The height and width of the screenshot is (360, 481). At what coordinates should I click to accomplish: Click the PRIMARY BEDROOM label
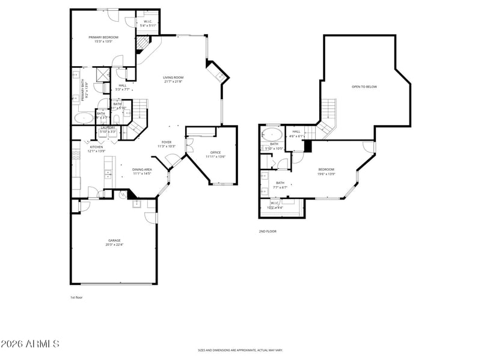[103, 37]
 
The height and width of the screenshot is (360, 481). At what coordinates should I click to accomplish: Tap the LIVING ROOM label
[173, 77]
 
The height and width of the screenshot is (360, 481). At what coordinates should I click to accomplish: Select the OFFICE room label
[216, 153]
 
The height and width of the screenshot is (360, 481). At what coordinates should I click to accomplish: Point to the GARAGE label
[114, 240]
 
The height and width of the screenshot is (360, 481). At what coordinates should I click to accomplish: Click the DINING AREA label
[142, 169]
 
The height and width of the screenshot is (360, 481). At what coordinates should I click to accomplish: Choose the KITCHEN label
[96, 147]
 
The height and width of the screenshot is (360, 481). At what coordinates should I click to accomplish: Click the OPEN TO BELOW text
[364, 87]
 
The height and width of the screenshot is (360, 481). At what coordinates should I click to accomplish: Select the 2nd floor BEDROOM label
[326, 169]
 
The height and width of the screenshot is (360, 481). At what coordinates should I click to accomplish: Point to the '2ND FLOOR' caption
[268, 231]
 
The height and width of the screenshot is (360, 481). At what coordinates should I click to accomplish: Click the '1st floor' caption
[77, 297]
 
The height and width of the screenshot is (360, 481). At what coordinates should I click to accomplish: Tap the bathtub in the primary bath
[84, 117]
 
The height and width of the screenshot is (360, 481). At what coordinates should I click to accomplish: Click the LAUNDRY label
[108, 127]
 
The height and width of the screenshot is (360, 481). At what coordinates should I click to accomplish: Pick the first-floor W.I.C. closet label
[148, 22]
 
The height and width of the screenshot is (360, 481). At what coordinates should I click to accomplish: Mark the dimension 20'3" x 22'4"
[114, 245]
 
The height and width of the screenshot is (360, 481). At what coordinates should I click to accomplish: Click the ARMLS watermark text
[30, 344]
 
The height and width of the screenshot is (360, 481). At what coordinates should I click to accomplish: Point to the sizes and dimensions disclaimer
[240, 350]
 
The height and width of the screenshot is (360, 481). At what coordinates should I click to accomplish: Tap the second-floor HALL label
[296, 131]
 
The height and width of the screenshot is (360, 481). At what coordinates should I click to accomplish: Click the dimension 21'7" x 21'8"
[173, 82]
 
